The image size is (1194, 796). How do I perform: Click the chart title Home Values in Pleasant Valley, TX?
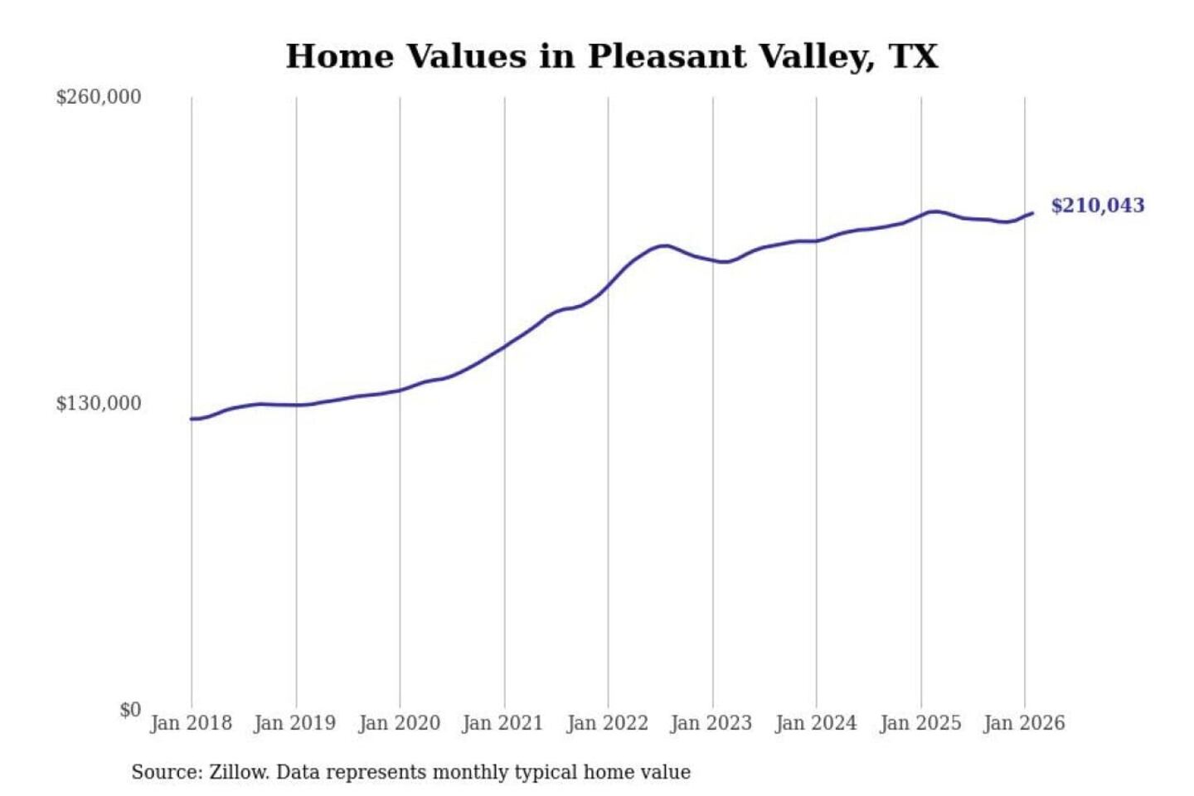612,56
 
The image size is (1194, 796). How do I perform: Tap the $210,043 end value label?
1097,206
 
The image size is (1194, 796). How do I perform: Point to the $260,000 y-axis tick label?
99,97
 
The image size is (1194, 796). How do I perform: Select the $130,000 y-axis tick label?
99,404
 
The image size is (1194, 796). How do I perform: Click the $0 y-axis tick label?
130,710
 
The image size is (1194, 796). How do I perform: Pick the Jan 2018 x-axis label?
191,723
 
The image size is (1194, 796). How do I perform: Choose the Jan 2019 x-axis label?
294,723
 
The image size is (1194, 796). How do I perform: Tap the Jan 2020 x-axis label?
399,723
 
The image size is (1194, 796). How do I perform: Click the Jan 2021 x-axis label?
502,723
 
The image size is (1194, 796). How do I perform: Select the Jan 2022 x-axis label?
607,723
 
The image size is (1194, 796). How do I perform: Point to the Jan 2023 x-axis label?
711,723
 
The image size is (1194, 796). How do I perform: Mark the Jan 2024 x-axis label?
815,723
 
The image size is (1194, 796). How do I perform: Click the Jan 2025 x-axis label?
920,723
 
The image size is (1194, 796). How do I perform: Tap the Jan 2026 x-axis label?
1023,723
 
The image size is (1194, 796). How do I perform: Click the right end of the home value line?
1032,213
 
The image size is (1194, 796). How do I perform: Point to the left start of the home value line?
192,419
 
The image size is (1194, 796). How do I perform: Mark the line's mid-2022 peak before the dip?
663,245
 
